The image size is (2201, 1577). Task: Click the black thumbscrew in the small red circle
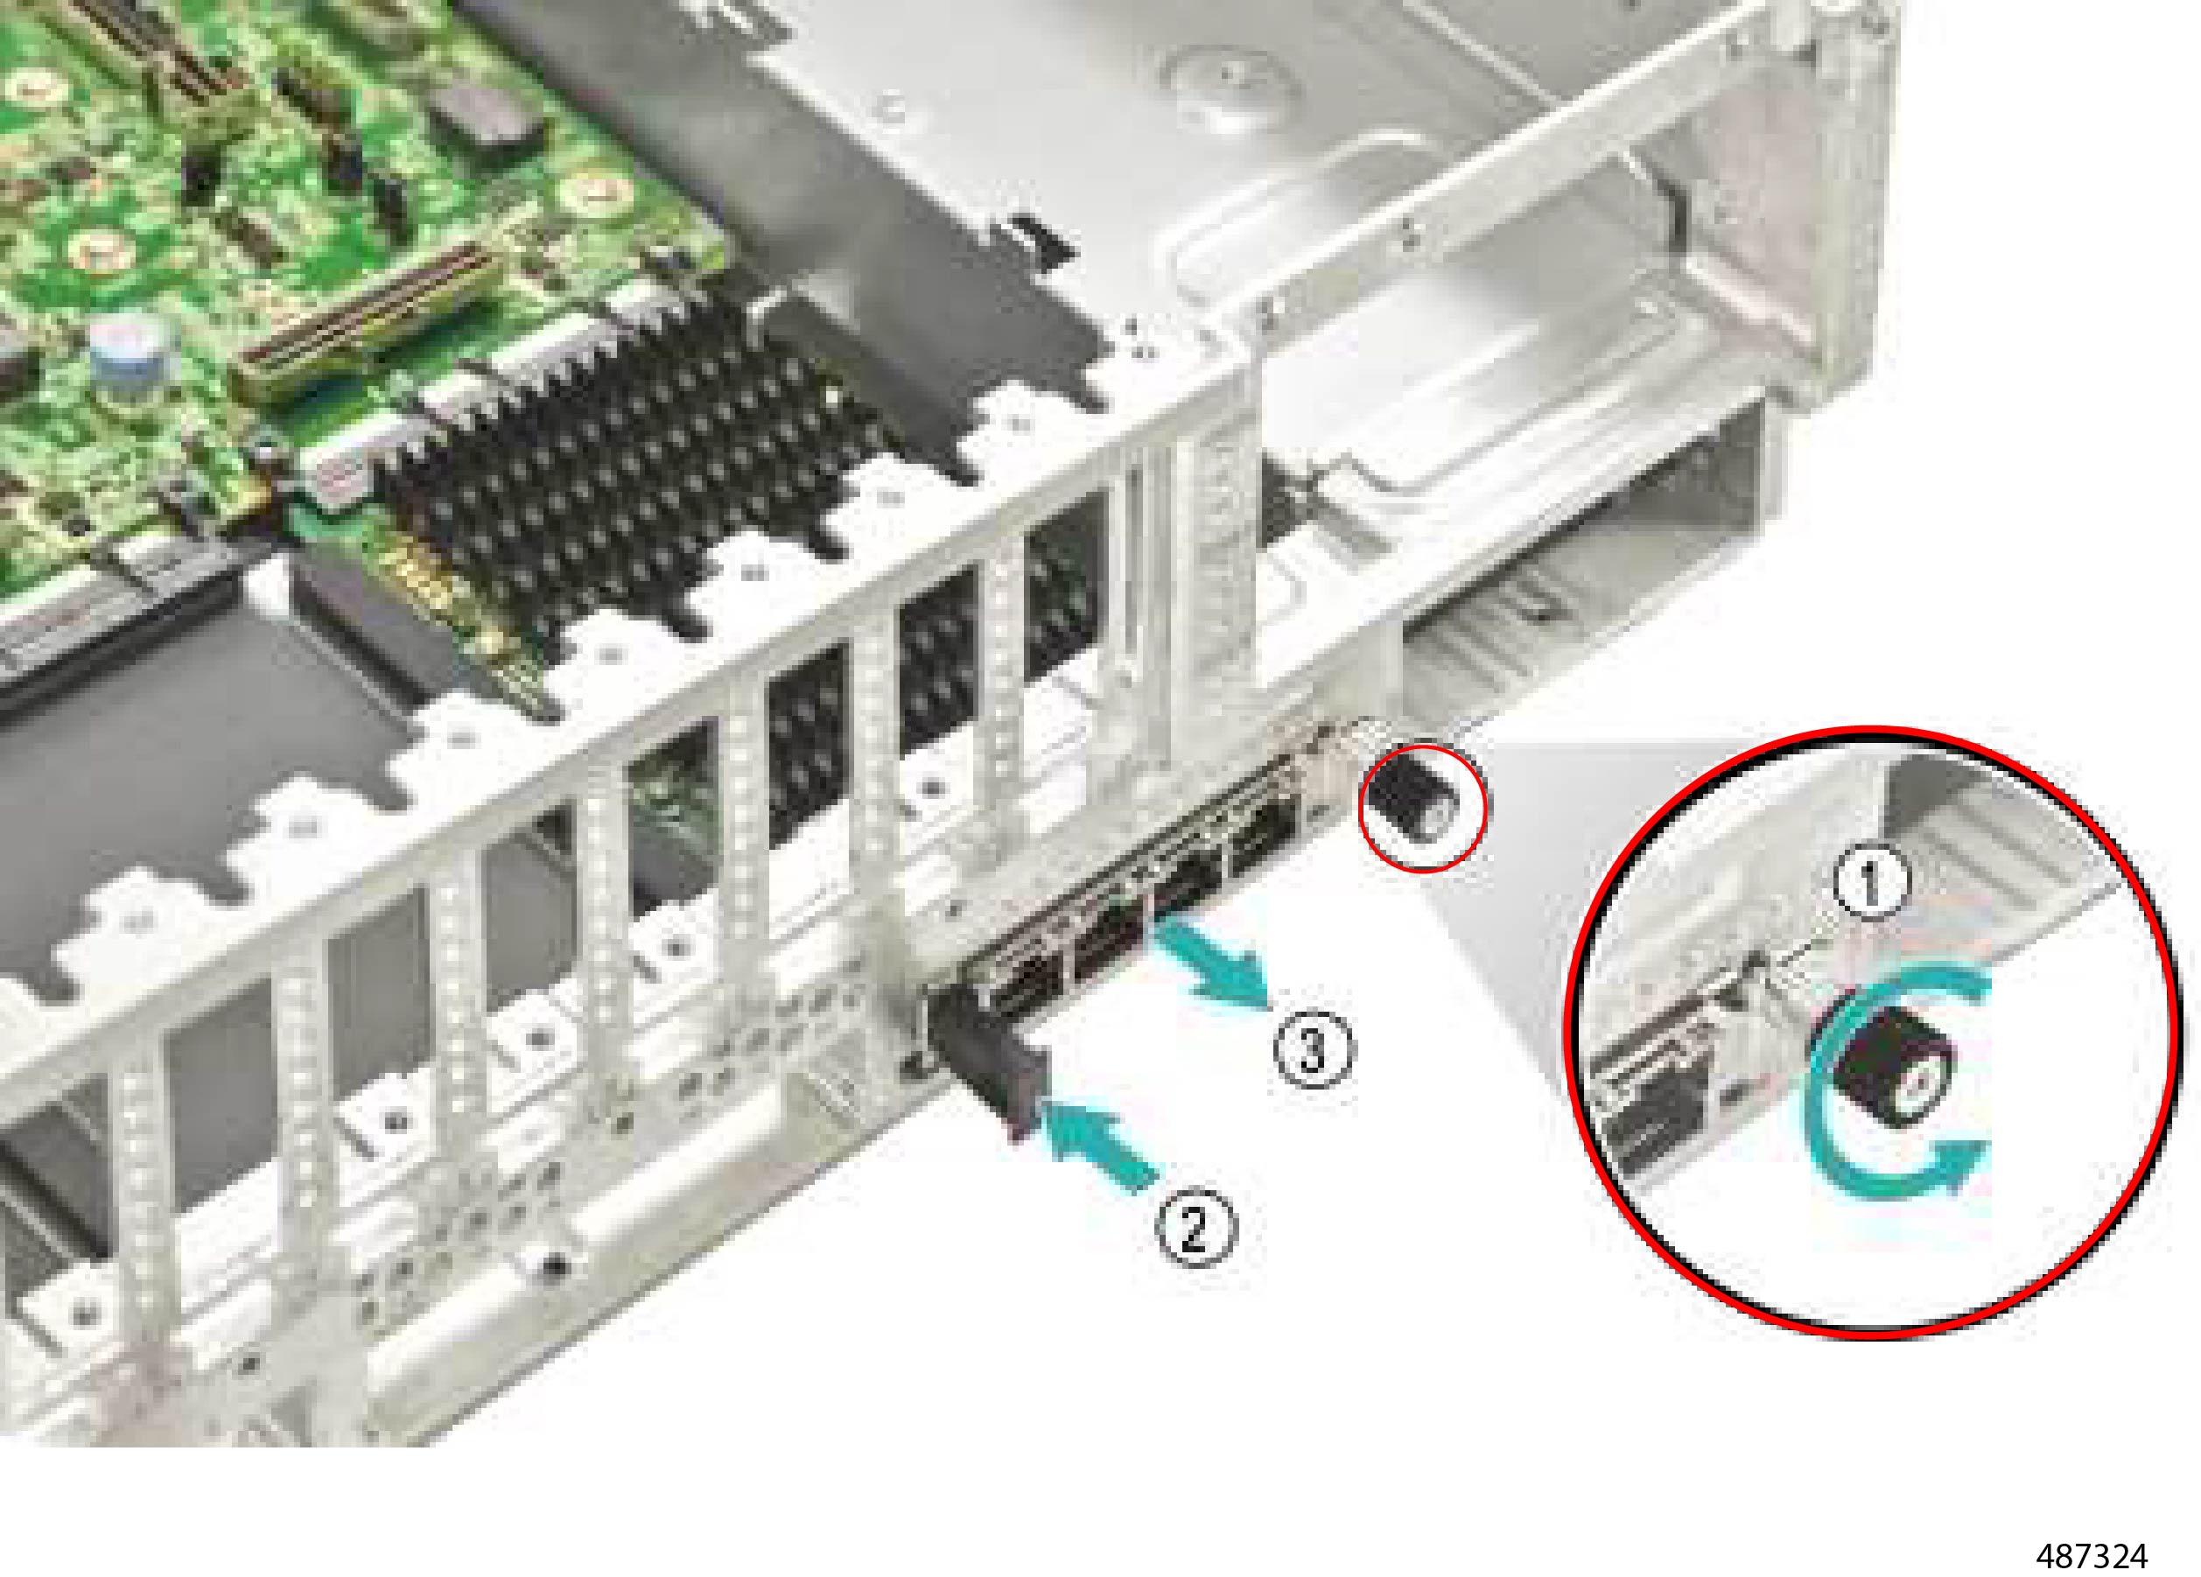[x=1407, y=800]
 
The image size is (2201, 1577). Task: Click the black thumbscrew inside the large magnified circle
[x=1878, y=1076]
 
